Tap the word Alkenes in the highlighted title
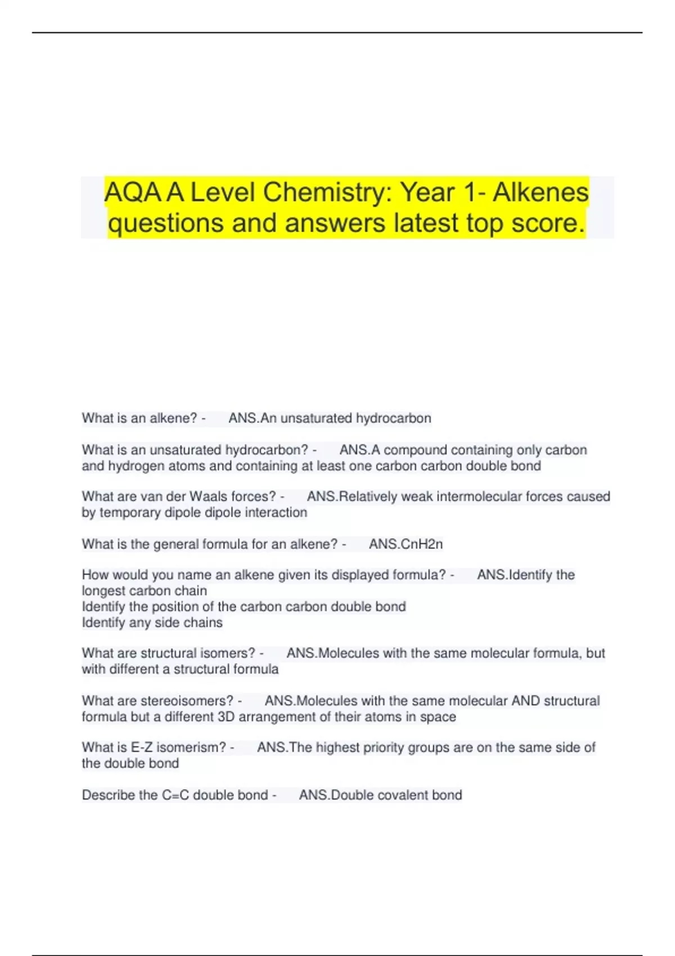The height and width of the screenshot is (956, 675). (x=541, y=193)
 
